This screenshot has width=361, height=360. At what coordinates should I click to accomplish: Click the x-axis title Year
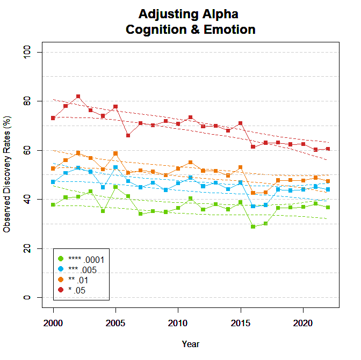click(x=190, y=344)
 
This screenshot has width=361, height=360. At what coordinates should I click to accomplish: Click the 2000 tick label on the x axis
click(x=53, y=324)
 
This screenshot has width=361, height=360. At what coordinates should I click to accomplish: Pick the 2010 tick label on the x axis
click(x=178, y=324)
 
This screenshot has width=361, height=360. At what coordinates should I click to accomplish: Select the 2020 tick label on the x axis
click(x=302, y=324)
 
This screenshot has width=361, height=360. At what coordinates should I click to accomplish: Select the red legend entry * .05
click(x=81, y=291)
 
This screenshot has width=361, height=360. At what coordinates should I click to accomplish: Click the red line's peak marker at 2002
click(x=78, y=97)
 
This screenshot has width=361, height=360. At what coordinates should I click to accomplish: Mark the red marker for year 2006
click(x=128, y=135)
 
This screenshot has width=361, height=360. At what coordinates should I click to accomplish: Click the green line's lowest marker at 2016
click(x=253, y=226)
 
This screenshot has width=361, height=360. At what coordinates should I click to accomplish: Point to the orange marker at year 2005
click(x=115, y=153)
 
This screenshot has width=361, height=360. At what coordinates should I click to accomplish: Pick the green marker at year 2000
click(x=53, y=205)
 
